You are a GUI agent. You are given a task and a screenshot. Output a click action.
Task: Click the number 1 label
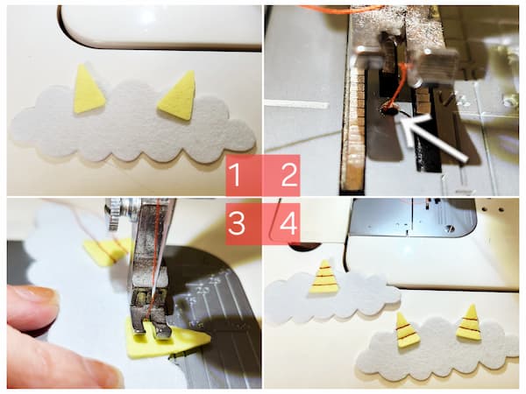(x=234, y=177)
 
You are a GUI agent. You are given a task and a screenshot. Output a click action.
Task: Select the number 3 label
(x=234, y=223)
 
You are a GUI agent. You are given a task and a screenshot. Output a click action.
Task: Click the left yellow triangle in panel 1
(x=89, y=90)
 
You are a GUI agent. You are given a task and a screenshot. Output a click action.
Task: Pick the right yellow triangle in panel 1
(x=179, y=96)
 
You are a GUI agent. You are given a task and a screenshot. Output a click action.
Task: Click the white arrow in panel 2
(x=434, y=139)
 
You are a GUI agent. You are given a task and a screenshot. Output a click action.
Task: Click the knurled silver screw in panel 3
(x=113, y=209)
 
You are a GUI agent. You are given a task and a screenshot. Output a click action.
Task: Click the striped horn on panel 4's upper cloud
(x=324, y=278)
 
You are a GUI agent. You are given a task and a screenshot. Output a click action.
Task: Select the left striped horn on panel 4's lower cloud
(x=407, y=331)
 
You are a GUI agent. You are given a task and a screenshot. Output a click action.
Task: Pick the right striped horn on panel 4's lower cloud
(x=469, y=323)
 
